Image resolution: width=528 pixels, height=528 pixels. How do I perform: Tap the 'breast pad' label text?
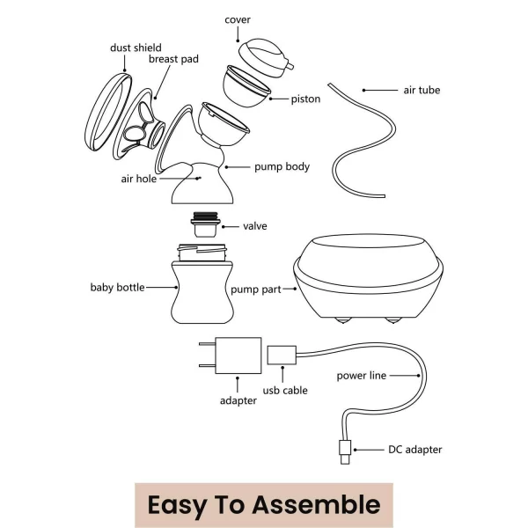(x=173, y=60)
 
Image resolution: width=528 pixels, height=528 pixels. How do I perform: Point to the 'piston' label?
(x=305, y=99)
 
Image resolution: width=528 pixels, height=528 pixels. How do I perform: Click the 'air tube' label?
(x=422, y=90)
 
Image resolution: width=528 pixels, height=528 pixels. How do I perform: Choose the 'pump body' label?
(x=282, y=166)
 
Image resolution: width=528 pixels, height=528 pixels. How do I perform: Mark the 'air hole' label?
(x=139, y=178)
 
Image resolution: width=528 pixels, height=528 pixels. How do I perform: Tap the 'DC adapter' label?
(x=415, y=450)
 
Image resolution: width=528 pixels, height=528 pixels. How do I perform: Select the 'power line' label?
(x=362, y=376)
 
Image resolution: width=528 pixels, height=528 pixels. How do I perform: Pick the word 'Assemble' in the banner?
(x=316, y=505)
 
